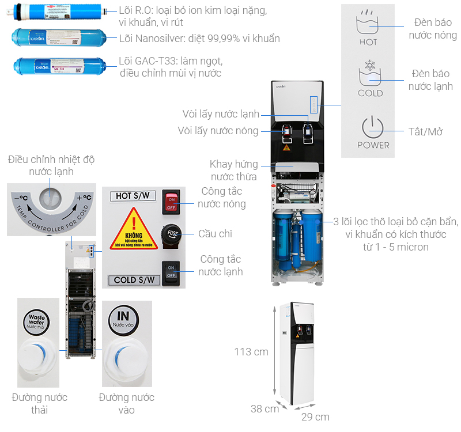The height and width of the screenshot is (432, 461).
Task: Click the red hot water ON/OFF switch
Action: [x=172, y=201]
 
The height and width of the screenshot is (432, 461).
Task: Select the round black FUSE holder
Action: [x=172, y=233]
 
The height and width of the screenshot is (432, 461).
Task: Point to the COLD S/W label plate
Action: [x=134, y=281]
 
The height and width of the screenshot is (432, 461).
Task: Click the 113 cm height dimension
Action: [x=251, y=351]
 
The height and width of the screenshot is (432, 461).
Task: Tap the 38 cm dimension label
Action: [x=264, y=409]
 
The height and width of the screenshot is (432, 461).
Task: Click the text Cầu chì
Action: [x=214, y=233]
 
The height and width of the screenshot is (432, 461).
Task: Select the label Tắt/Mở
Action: [x=426, y=132]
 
